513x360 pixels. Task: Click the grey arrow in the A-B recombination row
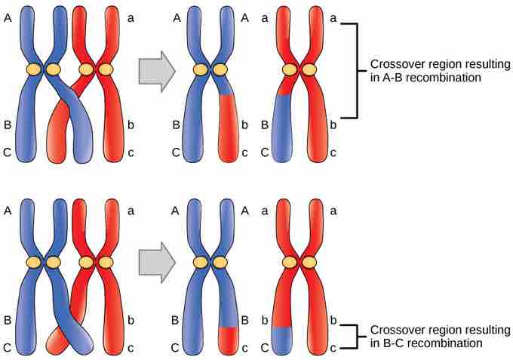click(157, 72)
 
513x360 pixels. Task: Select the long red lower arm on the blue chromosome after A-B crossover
click(229, 128)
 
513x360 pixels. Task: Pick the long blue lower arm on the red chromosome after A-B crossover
click(281, 128)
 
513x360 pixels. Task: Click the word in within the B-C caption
click(373, 343)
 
